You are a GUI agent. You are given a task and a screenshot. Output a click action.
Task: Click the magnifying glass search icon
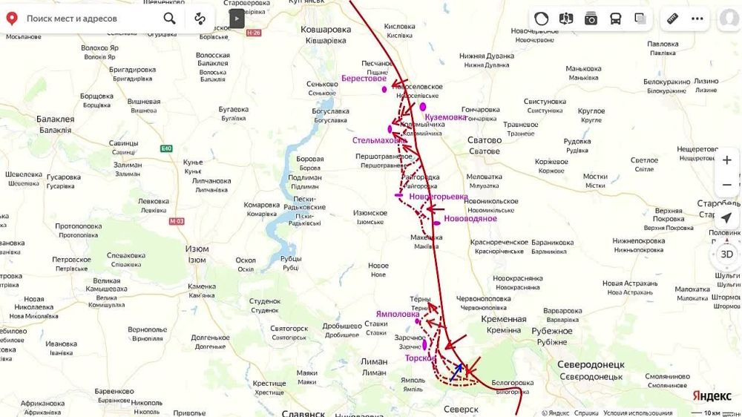(169, 19)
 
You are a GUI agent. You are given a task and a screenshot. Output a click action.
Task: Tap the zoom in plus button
(726, 160)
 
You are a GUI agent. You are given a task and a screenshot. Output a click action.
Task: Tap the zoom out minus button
(726, 185)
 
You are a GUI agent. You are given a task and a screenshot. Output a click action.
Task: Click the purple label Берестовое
(364, 78)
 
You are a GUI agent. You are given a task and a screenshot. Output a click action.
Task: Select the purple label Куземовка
(445, 117)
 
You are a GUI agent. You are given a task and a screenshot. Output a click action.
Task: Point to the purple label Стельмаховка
(378, 139)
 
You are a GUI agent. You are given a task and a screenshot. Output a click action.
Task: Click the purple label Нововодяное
(470, 219)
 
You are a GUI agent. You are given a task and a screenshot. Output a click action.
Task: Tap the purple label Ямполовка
(397, 314)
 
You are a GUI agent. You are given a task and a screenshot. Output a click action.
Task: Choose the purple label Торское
(420, 358)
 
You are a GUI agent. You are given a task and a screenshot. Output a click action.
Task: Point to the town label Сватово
(484, 139)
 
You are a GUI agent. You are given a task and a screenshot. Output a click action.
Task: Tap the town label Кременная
(503, 319)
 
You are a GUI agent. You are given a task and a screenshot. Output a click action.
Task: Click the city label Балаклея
(56, 119)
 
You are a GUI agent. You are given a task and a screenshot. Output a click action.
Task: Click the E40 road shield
(166, 148)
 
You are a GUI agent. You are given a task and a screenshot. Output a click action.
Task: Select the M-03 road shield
(176, 221)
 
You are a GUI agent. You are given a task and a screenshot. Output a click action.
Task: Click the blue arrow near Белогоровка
(456, 372)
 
